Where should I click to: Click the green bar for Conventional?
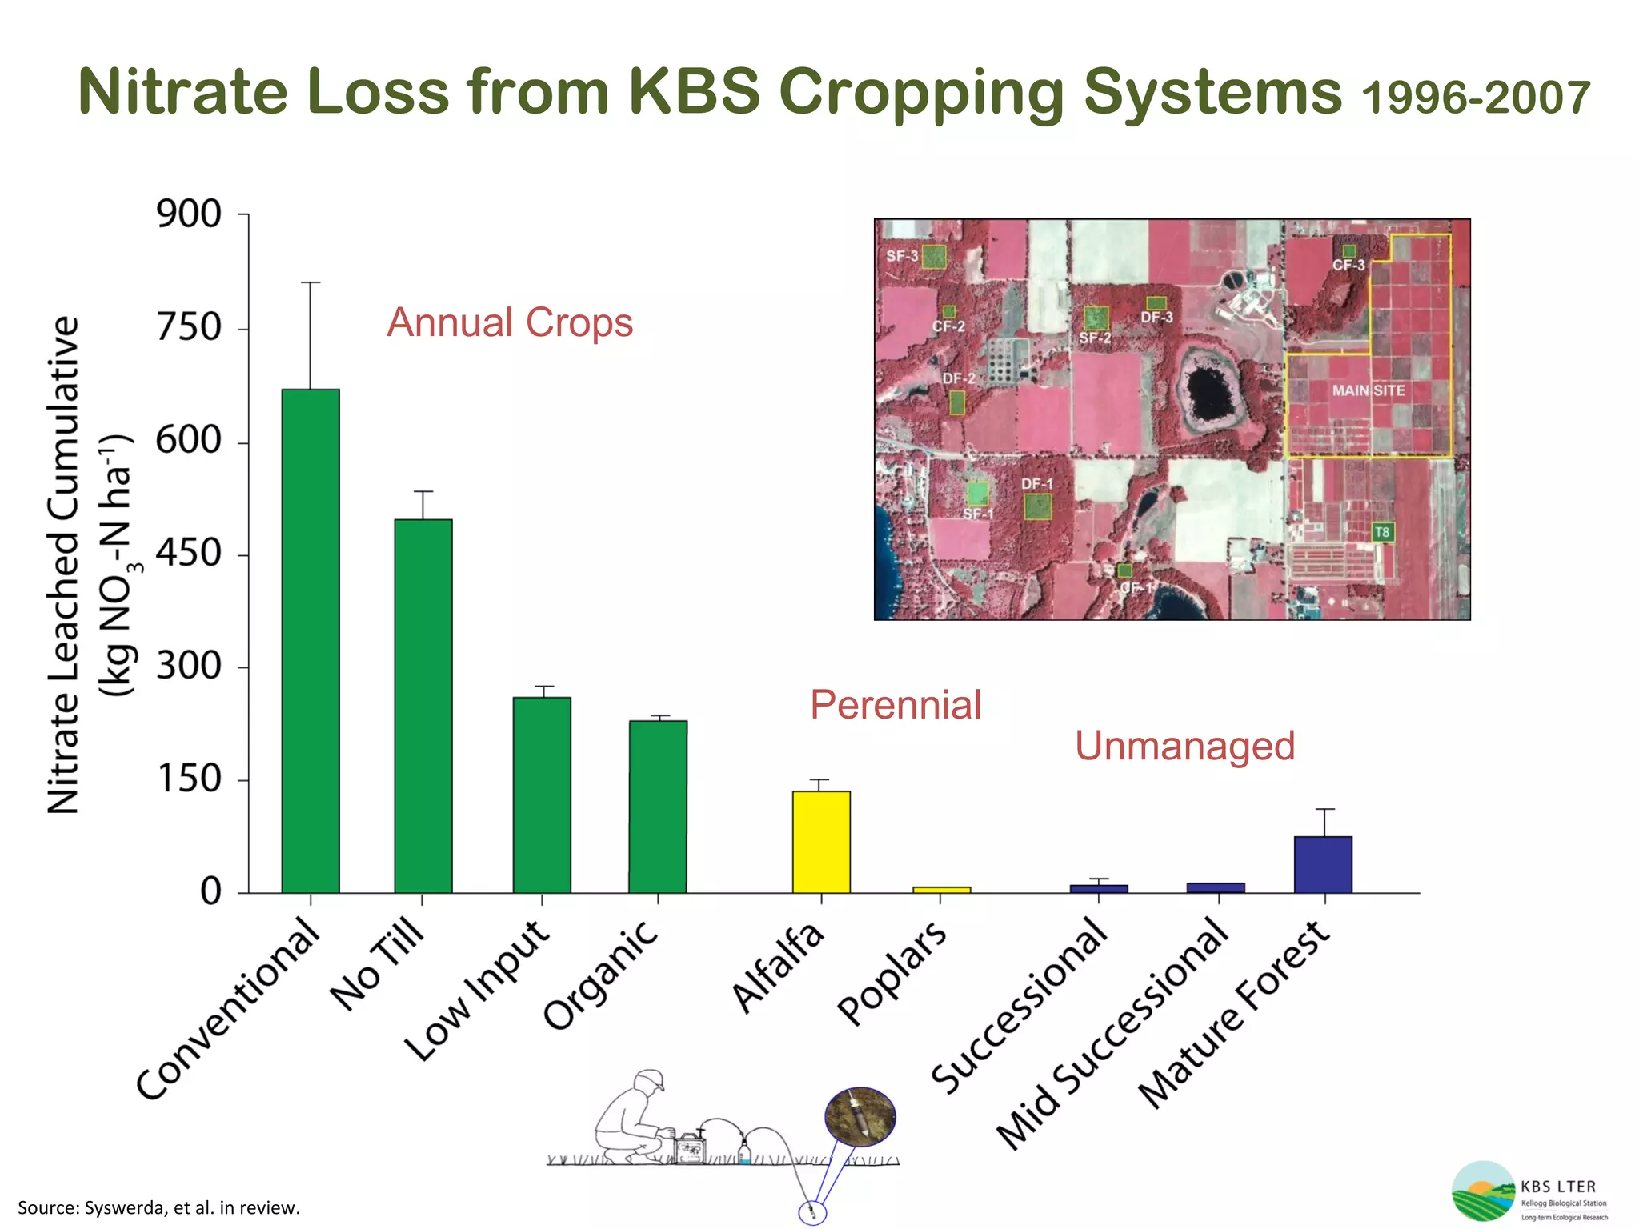311,640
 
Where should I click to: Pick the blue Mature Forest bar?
1323,864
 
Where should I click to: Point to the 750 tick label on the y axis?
189,328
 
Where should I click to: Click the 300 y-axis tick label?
189,666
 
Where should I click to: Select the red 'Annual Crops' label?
510,323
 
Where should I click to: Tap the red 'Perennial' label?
896,705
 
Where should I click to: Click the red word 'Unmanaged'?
1184,746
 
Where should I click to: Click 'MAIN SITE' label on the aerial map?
1369,390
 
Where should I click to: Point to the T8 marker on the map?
1382,532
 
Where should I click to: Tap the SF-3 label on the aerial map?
902,256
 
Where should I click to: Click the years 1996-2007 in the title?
1475,98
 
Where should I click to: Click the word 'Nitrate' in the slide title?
182,91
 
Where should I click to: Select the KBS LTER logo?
1529,1191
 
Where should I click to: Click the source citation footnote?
158,1207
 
